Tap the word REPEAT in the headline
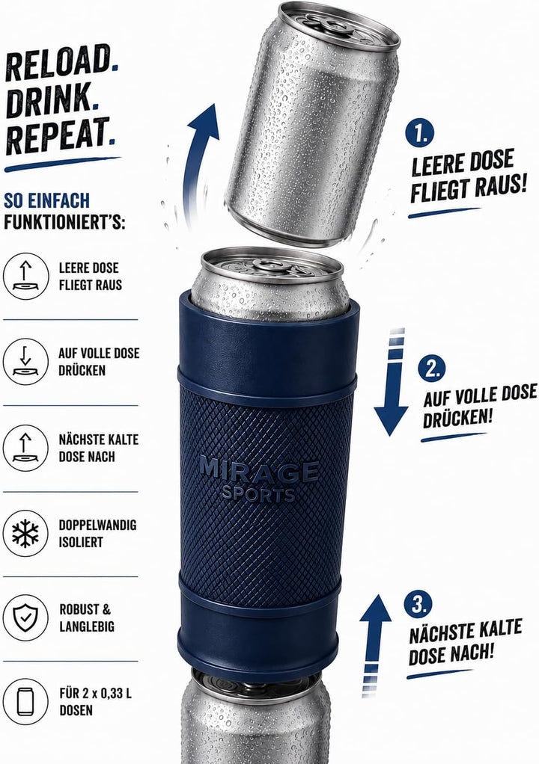pyautogui.click(x=58, y=135)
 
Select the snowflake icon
pyautogui.click(x=26, y=533)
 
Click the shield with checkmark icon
pyautogui.click(x=26, y=617)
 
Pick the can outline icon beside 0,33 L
pyautogui.click(x=26, y=702)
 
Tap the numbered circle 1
pyautogui.click(x=419, y=133)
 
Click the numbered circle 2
pyautogui.click(x=432, y=368)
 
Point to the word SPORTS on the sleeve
pyautogui.click(x=259, y=494)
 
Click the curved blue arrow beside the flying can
pyautogui.click(x=196, y=161)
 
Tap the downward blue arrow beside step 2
pyautogui.click(x=392, y=383)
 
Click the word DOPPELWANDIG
pyautogui.click(x=97, y=525)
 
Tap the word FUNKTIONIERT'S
pyautogui.click(x=64, y=223)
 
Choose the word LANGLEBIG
pyautogui.click(x=87, y=626)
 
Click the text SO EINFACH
pyautogui.click(x=47, y=201)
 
